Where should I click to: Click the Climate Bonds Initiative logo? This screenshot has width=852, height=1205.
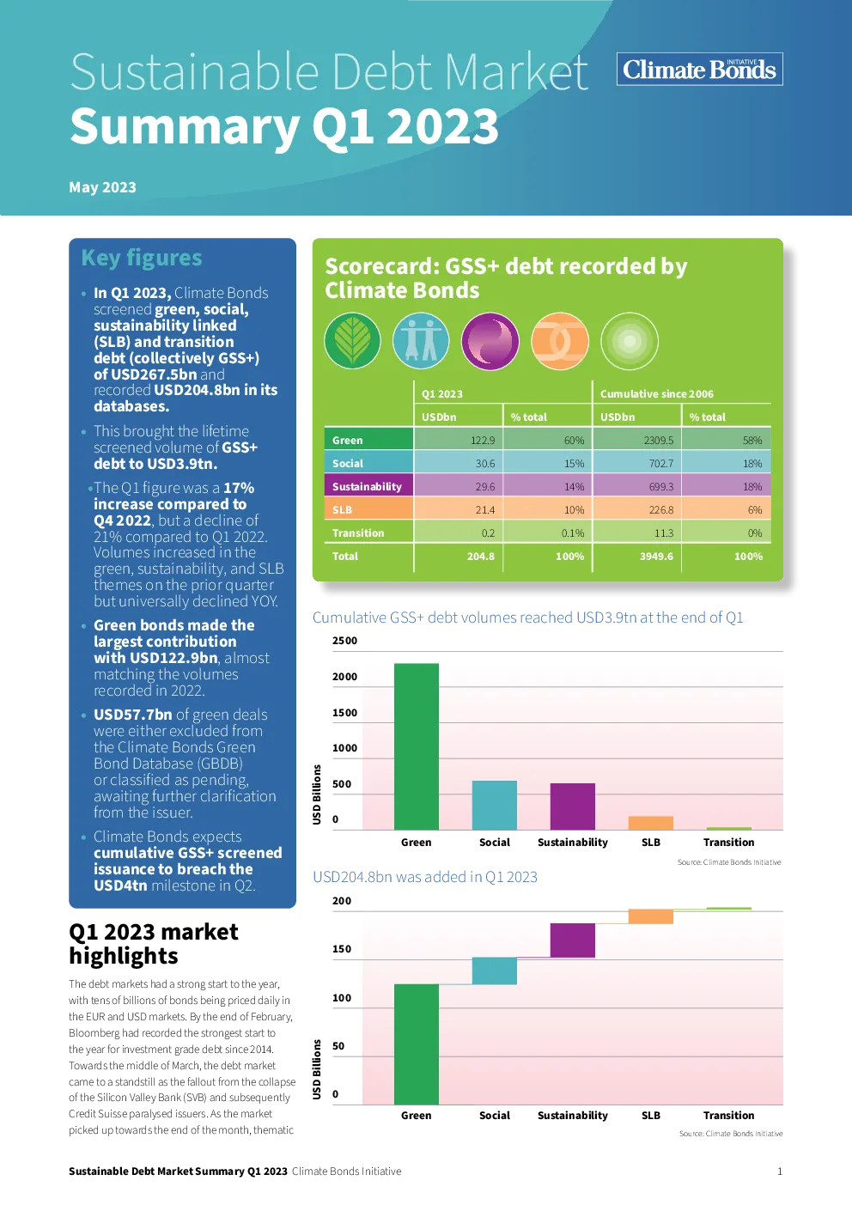(699, 69)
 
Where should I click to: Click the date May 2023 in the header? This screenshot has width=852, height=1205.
(102, 187)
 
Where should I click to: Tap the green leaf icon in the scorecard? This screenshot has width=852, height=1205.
(352, 341)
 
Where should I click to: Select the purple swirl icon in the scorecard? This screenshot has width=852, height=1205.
(490, 341)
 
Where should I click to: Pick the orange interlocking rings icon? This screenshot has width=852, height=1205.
(559, 341)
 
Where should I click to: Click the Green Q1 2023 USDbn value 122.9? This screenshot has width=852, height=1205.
(483, 440)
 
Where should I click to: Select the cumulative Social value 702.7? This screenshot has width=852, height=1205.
(661, 463)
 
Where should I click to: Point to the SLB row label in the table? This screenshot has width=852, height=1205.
(342, 509)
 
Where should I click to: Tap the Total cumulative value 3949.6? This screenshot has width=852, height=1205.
(656, 557)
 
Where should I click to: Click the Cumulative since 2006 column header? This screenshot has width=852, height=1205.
(657, 393)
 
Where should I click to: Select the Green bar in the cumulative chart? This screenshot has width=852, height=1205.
(417, 746)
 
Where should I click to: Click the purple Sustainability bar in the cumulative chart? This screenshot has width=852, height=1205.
(572, 806)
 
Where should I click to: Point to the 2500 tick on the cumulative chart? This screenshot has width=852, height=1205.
(344, 641)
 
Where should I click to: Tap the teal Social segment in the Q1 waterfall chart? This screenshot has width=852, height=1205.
(495, 971)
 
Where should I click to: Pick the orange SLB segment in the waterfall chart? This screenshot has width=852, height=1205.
(651, 916)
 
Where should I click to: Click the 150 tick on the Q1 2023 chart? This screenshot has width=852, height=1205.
(342, 949)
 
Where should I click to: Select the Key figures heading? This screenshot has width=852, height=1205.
(142, 259)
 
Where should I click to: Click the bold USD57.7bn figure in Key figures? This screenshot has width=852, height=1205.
(133, 715)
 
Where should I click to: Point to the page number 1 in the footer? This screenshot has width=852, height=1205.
(780, 1172)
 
